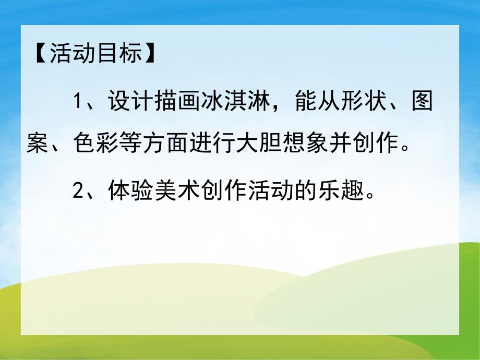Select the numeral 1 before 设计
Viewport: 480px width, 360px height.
(79, 101)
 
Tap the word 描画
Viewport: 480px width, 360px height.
(176, 101)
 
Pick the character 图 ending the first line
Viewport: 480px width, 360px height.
(422, 101)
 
